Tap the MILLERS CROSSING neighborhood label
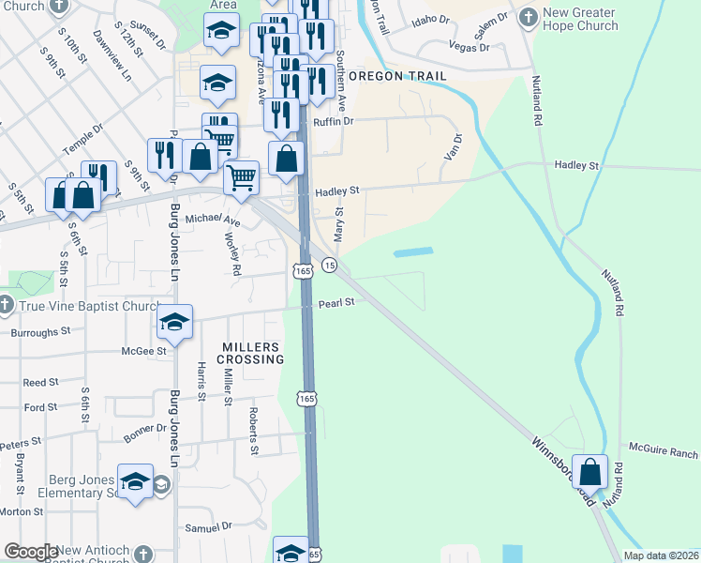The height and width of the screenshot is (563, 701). click(252, 353)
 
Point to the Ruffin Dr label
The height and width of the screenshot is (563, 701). click(334, 120)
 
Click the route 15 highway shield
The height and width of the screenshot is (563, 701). click(329, 266)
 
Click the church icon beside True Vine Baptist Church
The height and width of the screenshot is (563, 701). click(6, 306)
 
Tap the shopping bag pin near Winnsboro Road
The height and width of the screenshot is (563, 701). click(590, 472)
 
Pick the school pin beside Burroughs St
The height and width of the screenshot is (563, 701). click(174, 322)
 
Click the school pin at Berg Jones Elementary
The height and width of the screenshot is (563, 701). click(135, 482)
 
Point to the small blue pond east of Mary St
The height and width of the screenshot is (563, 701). click(413, 252)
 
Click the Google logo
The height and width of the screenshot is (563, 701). click(30, 552)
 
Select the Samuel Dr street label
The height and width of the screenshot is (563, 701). click(208, 527)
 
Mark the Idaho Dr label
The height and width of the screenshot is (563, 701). click(430, 19)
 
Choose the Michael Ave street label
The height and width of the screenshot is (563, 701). click(213, 220)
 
